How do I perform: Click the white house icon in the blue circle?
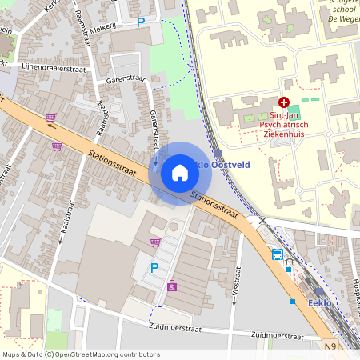pos(180,173)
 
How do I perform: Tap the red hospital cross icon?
pos(284,102)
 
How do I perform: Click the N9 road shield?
pos(331,346)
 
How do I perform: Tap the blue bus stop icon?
pos(277,254)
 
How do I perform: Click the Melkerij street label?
pos(103,27)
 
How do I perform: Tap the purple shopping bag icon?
pos(172,285)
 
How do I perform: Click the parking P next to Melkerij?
pos(142,22)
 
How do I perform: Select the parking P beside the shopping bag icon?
pos(155,268)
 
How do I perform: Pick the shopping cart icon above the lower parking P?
pos(155,242)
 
